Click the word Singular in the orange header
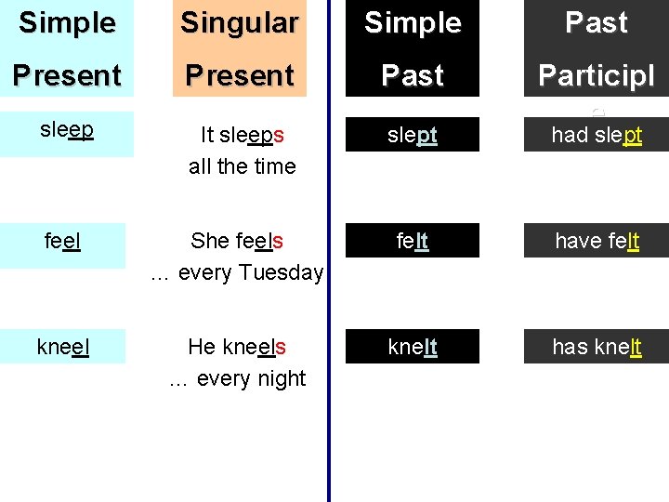[x=239, y=22]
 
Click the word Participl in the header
[x=596, y=74]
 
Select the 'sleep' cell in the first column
[x=67, y=129]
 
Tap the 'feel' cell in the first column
[x=62, y=241]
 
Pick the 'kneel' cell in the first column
[x=62, y=347]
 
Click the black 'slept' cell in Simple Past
[x=413, y=135]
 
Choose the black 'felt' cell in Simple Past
[x=413, y=241]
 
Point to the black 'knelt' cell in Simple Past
[x=413, y=347]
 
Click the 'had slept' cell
[x=596, y=135]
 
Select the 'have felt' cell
[x=596, y=241]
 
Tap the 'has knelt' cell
[x=596, y=347]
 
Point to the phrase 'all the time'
[x=242, y=166]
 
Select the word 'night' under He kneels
[x=282, y=378]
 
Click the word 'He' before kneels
[x=202, y=347]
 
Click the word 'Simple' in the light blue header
[x=67, y=22]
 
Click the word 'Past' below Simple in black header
[x=413, y=74]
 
